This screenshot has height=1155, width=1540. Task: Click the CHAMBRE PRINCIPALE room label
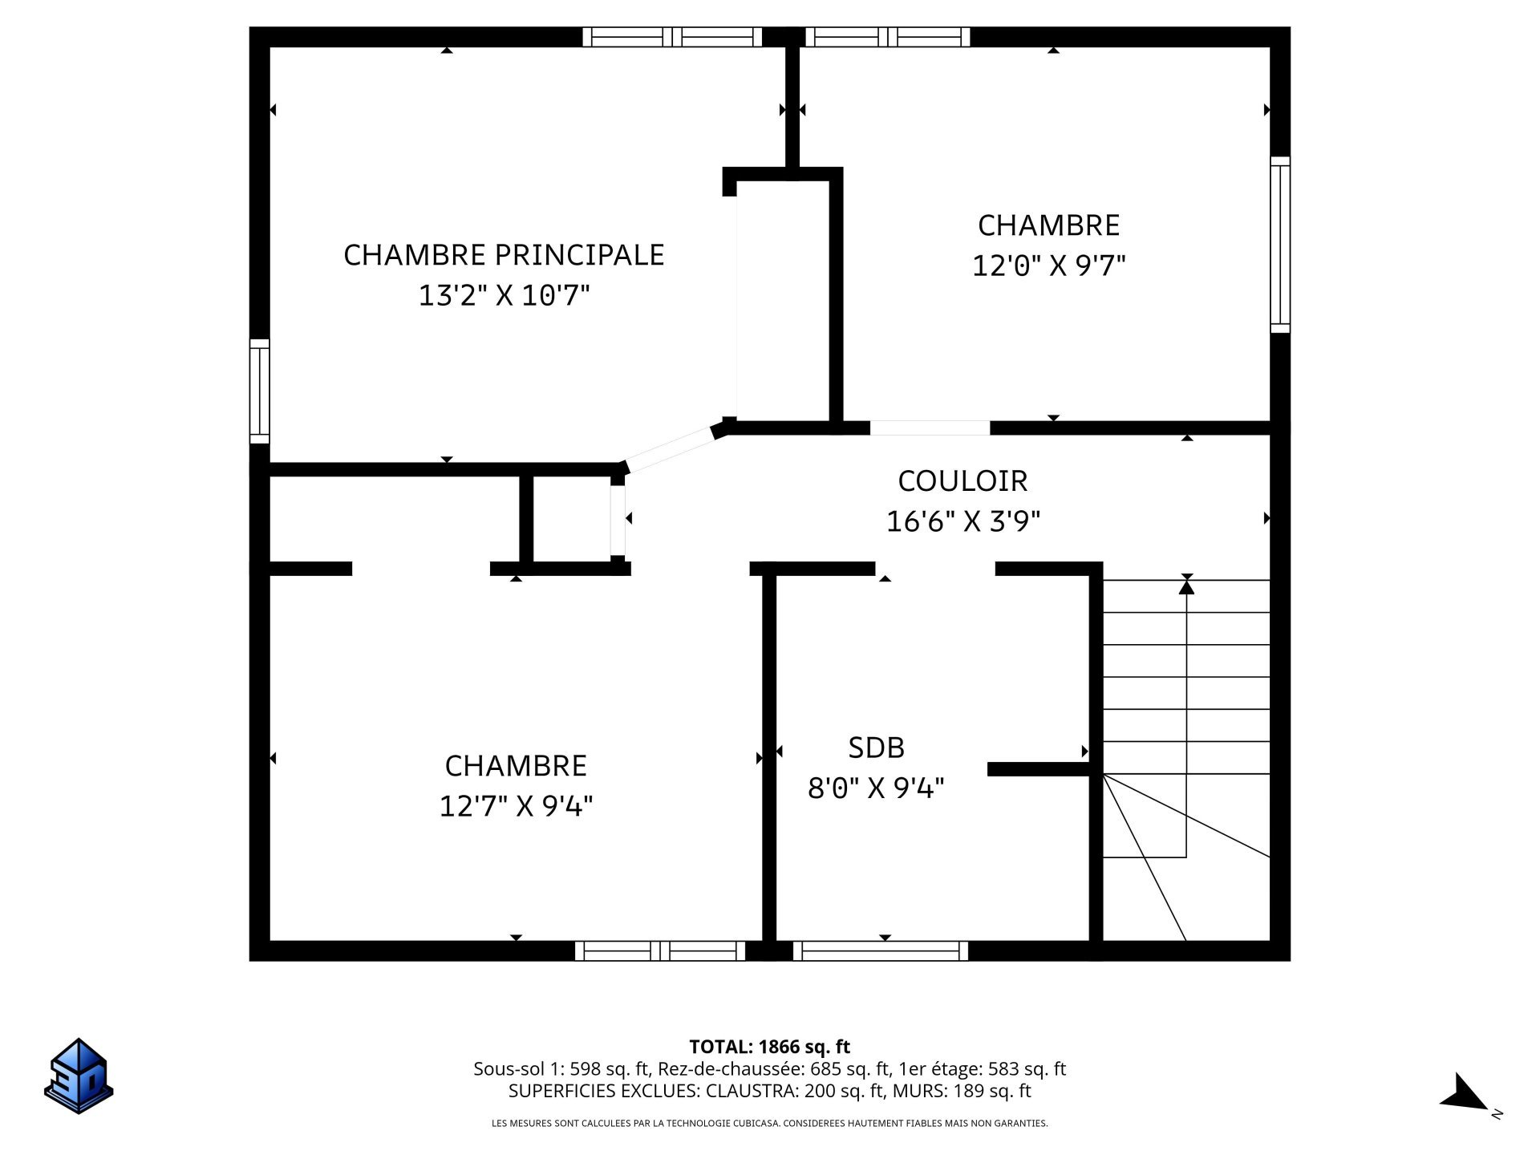(x=504, y=254)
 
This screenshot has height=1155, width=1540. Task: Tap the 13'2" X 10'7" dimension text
(x=504, y=296)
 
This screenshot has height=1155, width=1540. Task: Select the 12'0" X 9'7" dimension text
(x=1048, y=265)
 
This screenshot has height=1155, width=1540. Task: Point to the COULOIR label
(x=962, y=480)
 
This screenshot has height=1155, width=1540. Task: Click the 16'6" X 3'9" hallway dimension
(x=962, y=522)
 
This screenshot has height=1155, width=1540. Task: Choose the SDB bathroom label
(x=876, y=748)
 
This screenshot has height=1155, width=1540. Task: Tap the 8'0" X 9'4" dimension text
(x=876, y=788)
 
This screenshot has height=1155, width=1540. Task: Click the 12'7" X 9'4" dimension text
(x=516, y=805)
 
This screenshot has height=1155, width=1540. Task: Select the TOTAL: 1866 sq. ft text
(x=769, y=1047)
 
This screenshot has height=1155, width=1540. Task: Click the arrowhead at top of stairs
(x=1186, y=586)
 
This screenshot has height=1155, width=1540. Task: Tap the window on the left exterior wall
(x=259, y=391)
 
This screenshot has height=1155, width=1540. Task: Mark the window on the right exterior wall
(x=1280, y=245)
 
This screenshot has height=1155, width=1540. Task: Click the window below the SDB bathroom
(x=881, y=950)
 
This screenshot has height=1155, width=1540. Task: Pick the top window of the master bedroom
(x=672, y=37)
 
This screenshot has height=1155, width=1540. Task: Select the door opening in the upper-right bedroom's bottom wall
(x=930, y=428)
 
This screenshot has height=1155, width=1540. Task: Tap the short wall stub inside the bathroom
(x=1038, y=769)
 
